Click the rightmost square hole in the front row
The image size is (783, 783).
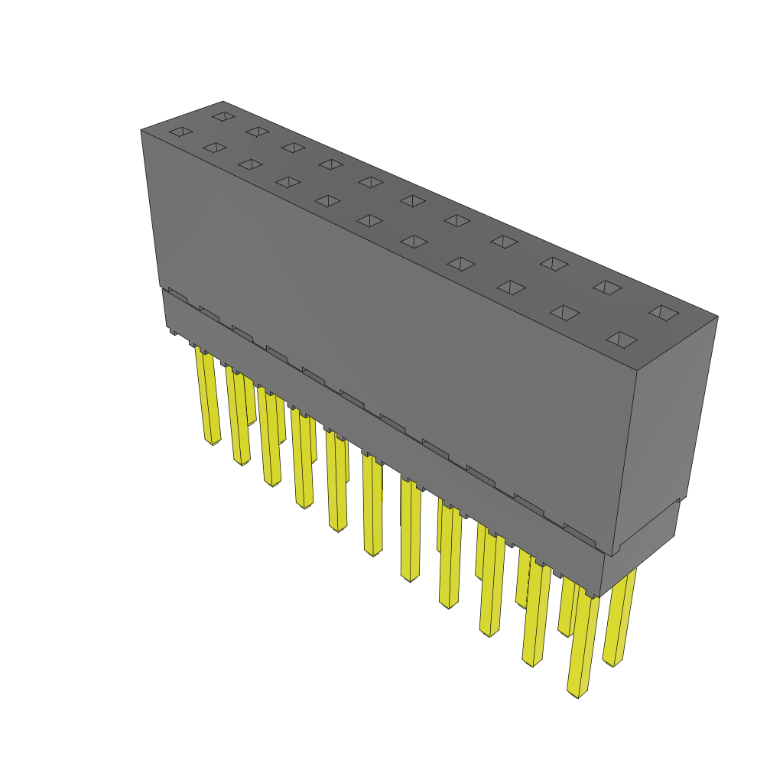coord(622,340)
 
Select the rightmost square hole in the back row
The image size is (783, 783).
coord(664,312)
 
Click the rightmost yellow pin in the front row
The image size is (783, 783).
coord(584,642)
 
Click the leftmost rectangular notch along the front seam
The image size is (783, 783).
coord(177,294)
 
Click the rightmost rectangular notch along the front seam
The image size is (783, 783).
coord(580,531)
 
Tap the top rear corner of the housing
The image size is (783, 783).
coord(223,102)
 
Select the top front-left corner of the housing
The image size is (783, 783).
coord(141,131)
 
